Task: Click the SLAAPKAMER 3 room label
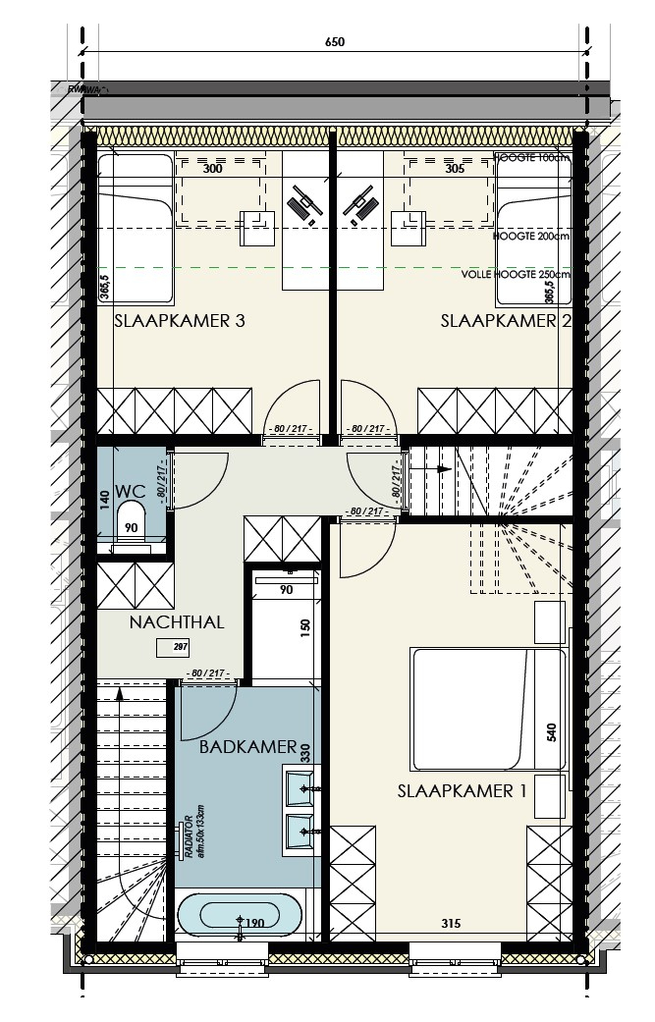tap(179, 321)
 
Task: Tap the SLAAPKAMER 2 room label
tap(506, 321)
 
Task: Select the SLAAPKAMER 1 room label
tap(455, 790)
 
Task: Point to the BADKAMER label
tap(247, 747)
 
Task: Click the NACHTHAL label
tap(177, 621)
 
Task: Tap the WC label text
tap(130, 490)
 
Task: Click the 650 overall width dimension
tap(335, 43)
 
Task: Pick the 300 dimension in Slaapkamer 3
tap(212, 169)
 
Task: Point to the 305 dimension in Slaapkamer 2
tap(454, 169)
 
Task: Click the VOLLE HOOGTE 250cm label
tap(515, 275)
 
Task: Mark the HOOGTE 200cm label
tap(531, 237)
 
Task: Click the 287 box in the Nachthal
tap(180, 647)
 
